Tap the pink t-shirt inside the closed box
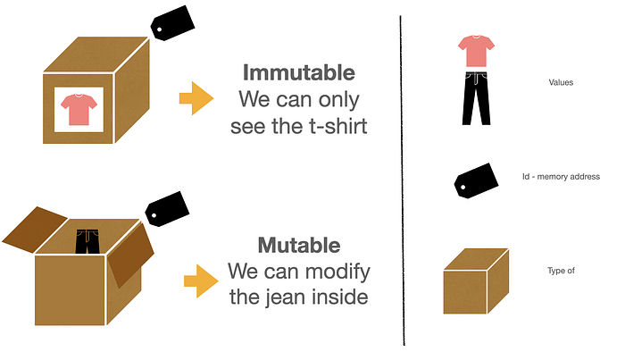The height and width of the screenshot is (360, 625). [x=79, y=109]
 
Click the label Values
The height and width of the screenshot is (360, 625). [x=561, y=83]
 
